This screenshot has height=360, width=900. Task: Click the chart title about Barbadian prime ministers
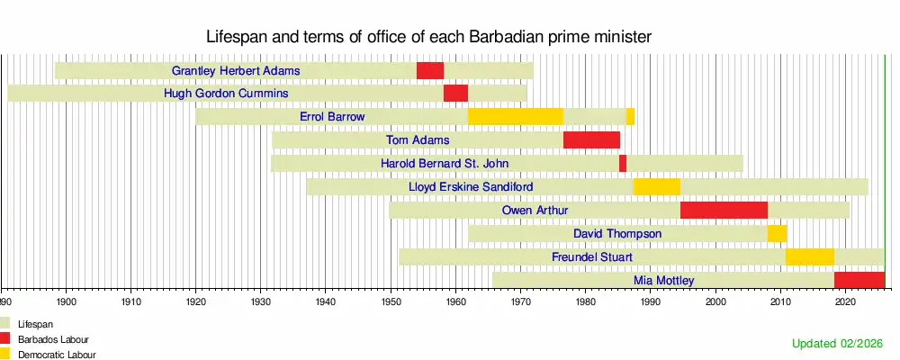(428, 37)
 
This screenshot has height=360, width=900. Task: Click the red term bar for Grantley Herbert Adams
(430, 70)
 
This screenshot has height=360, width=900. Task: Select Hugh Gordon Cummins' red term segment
(455, 93)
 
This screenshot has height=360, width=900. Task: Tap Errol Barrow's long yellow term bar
(516, 117)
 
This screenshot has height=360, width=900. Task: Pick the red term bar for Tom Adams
(591, 140)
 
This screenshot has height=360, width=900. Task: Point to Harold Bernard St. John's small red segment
(623, 164)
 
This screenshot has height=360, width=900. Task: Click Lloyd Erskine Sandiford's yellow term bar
(657, 186)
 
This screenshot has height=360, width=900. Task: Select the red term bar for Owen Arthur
(724, 210)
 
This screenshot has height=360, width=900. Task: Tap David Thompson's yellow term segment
(778, 234)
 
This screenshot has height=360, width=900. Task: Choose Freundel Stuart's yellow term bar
(810, 256)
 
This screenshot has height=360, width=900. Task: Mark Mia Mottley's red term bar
(859, 280)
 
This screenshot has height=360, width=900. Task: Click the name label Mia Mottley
(663, 281)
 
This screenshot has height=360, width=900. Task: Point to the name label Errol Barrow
(332, 117)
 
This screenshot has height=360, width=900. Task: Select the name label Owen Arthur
(535, 211)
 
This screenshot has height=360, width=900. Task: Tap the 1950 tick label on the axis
(391, 301)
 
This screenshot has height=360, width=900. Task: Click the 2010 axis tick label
(780, 301)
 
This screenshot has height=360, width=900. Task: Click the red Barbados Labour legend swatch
(5, 339)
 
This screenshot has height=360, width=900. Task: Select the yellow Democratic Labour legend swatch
(5, 354)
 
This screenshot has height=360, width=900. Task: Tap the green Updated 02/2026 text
(837, 343)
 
